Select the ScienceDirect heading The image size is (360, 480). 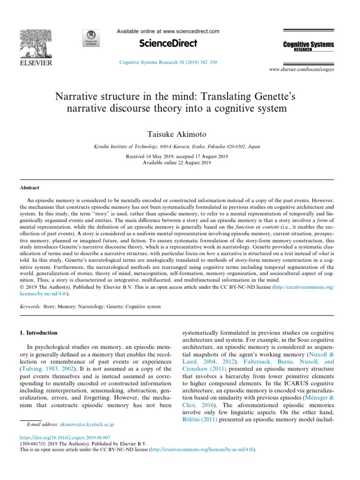(168, 44)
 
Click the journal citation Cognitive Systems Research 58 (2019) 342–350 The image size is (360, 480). (168, 62)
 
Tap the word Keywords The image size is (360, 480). (29, 307)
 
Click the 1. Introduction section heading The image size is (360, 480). (38, 333)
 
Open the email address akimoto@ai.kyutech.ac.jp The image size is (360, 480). (88, 424)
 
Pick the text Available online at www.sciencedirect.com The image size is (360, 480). (168, 31)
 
